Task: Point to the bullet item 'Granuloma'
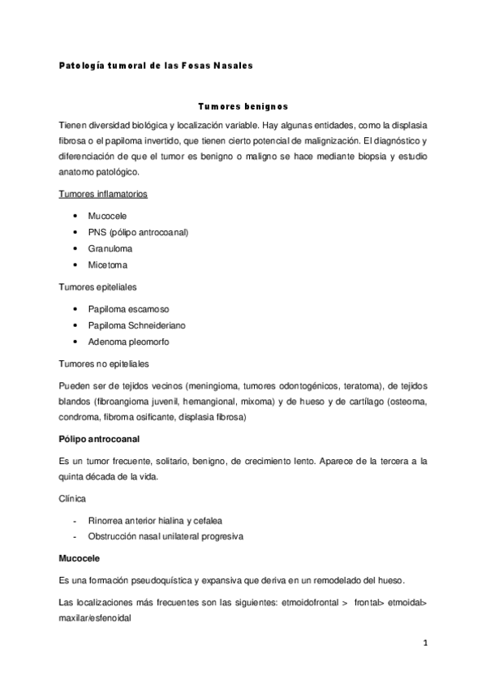(x=110, y=248)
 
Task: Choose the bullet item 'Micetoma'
(x=108, y=264)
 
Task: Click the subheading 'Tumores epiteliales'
(x=98, y=286)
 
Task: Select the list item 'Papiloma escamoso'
(x=128, y=309)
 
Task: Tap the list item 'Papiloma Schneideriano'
(x=139, y=325)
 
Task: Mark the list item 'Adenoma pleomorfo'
(x=128, y=342)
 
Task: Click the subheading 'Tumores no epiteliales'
(x=104, y=363)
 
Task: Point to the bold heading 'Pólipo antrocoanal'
(x=100, y=439)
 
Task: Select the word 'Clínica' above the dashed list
(x=74, y=500)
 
